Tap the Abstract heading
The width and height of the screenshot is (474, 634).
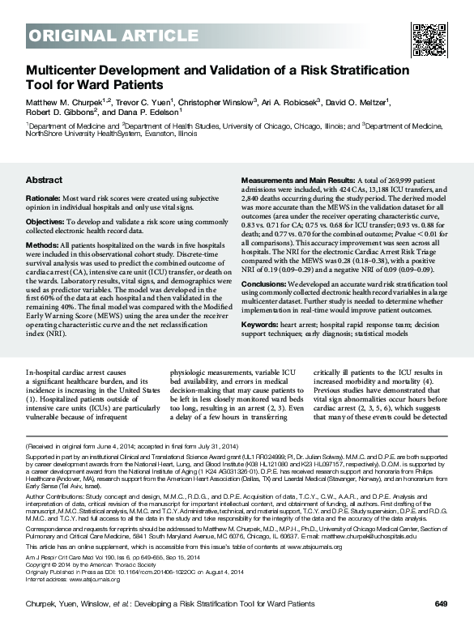[x=45, y=180]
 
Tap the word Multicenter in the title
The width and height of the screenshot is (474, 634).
[x=62, y=71]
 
